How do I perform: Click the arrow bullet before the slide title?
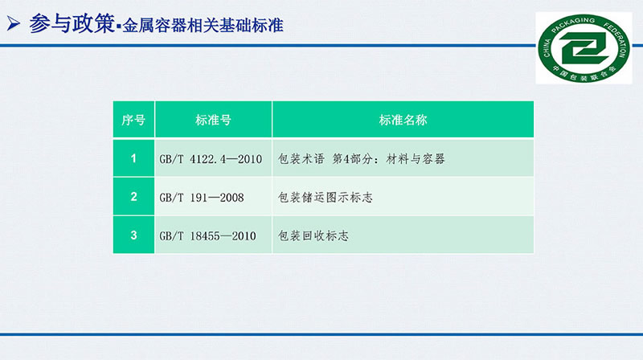(x=13, y=23)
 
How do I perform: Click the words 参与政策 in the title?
(x=72, y=24)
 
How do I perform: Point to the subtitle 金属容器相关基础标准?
(x=203, y=26)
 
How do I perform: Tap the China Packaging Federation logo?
(x=584, y=48)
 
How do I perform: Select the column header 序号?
(x=133, y=120)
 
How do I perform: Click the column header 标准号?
(x=213, y=120)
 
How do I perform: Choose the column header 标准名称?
(x=403, y=120)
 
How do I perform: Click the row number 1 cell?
(x=133, y=158)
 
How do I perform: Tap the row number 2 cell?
(x=133, y=197)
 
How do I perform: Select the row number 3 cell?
(x=133, y=235)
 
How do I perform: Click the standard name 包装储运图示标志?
(x=326, y=198)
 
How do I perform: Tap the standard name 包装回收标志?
(x=313, y=236)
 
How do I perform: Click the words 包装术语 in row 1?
(x=301, y=159)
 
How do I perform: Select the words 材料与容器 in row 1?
(x=416, y=159)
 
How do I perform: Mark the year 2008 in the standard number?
(x=232, y=198)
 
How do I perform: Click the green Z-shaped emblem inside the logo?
(x=584, y=47)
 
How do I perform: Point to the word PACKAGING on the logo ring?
(x=573, y=25)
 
